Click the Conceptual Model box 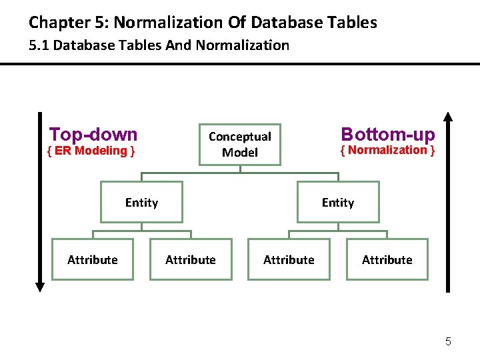click(240, 144)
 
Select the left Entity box click(141, 202)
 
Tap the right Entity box click(338, 202)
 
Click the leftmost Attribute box click(93, 259)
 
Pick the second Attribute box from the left click(191, 259)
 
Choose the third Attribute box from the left click(289, 259)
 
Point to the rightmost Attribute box click(387, 259)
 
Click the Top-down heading click(93, 134)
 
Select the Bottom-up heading click(387, 133)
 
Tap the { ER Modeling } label click(91, 151)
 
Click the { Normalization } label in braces click(387, 150)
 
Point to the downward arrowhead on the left click(39, 287)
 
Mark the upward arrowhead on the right click(448, 117)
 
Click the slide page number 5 click(448, 342)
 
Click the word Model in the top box click(240, 153)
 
